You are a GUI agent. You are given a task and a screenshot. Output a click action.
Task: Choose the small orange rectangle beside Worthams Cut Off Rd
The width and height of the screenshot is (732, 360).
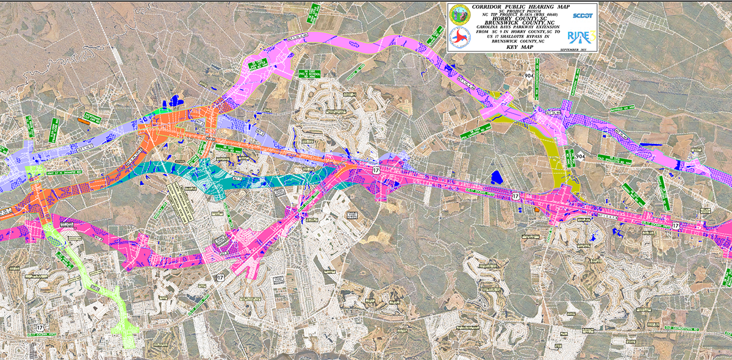83,121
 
